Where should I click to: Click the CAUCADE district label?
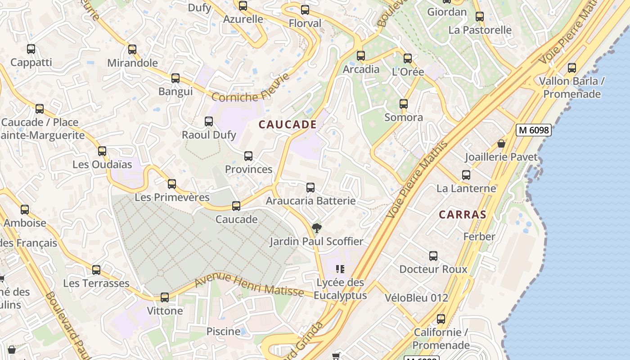[x=288, y=125]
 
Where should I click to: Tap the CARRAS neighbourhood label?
[x=462, y=215]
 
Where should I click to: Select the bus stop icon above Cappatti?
[x=31, y=49]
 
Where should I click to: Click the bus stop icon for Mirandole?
[x=132, y=49]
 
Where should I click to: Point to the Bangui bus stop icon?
[x=175, y=78]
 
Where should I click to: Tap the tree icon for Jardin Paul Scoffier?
[x=317, y=228]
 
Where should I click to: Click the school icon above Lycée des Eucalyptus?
[x=340, y=269]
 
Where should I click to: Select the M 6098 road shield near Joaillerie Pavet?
[x=533, y=130]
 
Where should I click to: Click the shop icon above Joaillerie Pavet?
[x=501, y=144]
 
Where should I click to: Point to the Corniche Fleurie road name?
[x=250, y=89]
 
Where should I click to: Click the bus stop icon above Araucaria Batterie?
[x=310, y=188]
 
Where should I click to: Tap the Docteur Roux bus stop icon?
[x=433, y=256]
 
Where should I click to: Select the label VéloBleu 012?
[x=416, y=297]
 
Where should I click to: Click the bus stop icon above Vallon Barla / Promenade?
[x=571, y=68]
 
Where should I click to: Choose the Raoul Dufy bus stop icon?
[x=209, y=121]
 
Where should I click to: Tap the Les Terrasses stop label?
[x=96, y=283]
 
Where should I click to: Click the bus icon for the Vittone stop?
[x=165, y=297]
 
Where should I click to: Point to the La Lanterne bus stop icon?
[x=466, y=175]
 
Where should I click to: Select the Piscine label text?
[x=223, y=331]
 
